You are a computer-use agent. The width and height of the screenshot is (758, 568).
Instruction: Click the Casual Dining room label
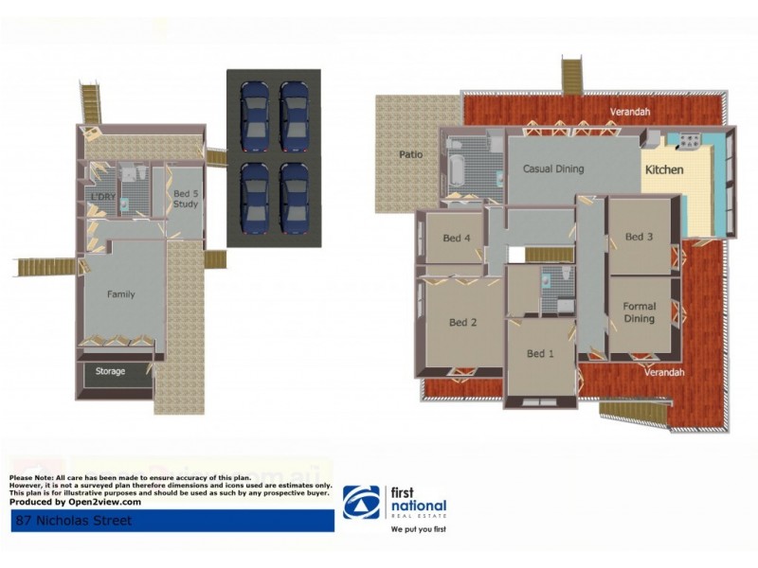(x=553, y=169)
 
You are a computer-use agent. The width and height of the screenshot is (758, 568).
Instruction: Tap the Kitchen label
(x=664, y=170)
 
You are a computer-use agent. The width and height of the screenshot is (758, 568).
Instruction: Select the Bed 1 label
(x=540, y=354)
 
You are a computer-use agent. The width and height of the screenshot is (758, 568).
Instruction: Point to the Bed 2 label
(x=462, y=323)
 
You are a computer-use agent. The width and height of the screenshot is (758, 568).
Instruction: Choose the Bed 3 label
(x=640, y=237)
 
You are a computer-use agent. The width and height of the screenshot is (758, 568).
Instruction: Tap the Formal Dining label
(x=640, y=312)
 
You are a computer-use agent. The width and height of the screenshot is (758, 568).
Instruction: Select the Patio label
(x=410, y=154)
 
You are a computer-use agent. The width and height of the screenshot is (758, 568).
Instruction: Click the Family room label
(x=120, y=294)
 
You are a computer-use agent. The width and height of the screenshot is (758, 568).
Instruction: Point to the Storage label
(x=110, y=371)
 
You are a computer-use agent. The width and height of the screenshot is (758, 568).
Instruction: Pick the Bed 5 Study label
(x=186, y=200)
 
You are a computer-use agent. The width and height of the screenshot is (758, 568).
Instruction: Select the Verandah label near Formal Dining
(x=663, y=373)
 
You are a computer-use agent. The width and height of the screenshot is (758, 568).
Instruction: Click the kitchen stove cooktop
(x=687, y=143)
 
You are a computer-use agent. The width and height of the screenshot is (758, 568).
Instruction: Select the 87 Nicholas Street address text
(x=72, y=521)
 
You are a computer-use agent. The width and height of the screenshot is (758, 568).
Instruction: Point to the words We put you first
(x=418, y=529)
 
